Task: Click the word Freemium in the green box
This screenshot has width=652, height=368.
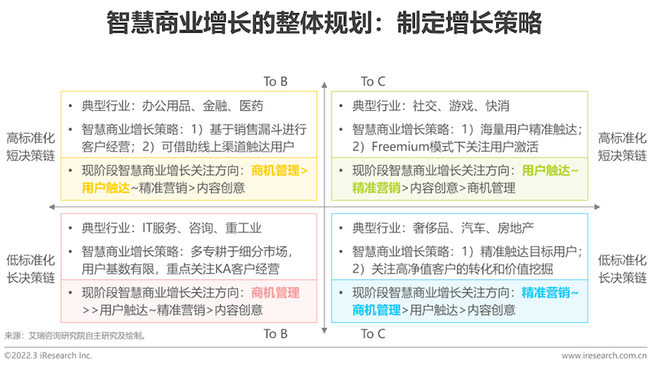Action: (x=399, y=147)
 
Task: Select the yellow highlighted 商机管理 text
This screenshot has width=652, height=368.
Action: (x=275, y=171)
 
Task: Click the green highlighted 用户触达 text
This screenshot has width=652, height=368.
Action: (x=545, y=171)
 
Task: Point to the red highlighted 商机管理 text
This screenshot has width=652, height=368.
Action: (x=275, y=293)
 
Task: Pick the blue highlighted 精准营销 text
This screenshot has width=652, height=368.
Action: (x=545, y=293)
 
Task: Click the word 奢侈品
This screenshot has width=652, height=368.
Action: (x=431, y=228)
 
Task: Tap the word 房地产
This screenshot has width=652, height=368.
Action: (x=516, y=228)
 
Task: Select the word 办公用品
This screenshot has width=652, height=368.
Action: (x=166, y=106)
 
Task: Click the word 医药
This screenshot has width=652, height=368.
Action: (x=251, y=106)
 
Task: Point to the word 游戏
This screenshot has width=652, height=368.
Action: (x=461, y=106)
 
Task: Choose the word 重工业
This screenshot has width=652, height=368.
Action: (x=244, y=228)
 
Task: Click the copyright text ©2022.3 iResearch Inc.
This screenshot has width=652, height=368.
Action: (x=48, y=356)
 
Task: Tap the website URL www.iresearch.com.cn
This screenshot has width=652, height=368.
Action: (x=604, y=356)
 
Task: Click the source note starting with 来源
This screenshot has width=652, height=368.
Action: (x=75, y=335)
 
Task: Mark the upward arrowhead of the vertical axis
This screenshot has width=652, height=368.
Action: (x=324, y=85)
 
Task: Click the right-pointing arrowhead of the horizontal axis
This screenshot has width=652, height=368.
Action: (x=597, y=207)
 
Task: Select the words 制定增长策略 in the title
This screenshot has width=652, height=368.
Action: (x=469, y=23)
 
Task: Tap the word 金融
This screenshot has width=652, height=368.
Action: (x=215, y=106)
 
